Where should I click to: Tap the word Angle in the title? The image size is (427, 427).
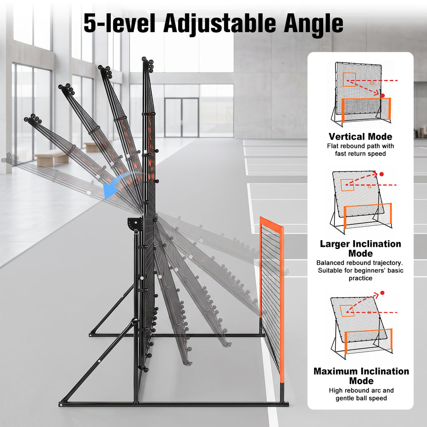(314, 25)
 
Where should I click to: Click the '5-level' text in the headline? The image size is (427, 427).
(119, 23)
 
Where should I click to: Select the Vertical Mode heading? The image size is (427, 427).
(360, 136)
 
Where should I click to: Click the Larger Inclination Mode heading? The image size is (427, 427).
(360, 249)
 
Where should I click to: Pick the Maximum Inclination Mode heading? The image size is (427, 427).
(361, 376)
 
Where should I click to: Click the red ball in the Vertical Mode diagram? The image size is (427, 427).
(383, 95)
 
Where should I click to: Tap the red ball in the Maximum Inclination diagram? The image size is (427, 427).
(382, 293)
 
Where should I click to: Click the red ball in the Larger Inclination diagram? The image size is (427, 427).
(382, 174)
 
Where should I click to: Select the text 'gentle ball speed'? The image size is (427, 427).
(361, 398)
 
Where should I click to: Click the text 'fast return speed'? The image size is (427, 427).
(360, 153)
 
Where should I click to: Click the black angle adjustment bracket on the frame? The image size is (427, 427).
(136, 224)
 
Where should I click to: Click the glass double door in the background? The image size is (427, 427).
(182, 117)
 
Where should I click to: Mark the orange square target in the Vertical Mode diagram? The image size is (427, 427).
(349, 80)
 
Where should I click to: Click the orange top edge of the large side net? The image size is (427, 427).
(271, 222)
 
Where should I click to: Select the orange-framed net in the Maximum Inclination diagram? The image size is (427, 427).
(368, 341)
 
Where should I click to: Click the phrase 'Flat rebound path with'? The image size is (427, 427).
(360, 146)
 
